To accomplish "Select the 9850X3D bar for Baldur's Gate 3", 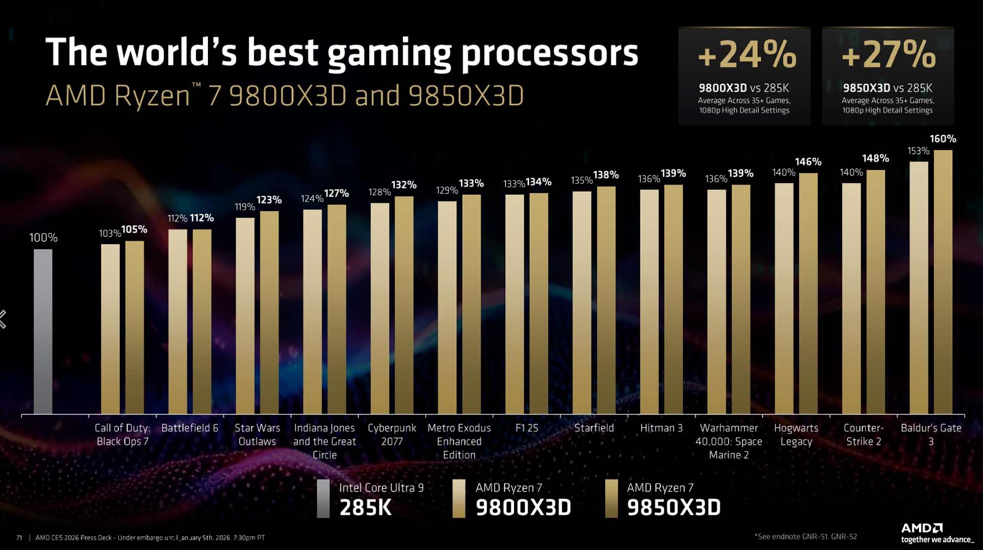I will pyautogui.click(x=943, y=281).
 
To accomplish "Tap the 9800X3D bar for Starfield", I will pyautogui.click(x=582, y=302).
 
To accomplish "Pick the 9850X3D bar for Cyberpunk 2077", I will pyautogui.click(x=404, y=305).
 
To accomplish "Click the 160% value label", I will pyautogui.click(x=943, y=139).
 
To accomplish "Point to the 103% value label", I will pyautogui.click(x=110, y=233).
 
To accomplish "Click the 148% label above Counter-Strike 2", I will pyautogui.click(x=875, y=159).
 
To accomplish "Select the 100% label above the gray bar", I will pyautogui.click(x=43, y=237).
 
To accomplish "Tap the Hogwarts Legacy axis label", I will pyautogui.click(x=796, y=434).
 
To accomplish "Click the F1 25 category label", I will pyautogui.click(x=527, y=428).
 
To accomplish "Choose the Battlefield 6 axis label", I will pyautogui.click(x=189, y=428).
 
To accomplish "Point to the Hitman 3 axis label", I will pyautogui.click(x=661, y=428).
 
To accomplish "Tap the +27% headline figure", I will pyautogui.click(x=888, y=55).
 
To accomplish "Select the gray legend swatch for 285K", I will pyautogui.click(x=323, y=498).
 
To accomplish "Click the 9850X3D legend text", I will pyautogui.click(x=673, y=507).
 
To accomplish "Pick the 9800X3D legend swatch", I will pyautogui.click(x=459, y=498).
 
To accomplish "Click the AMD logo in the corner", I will pyautogui.click(x=922, y=527).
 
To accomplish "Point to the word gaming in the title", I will pyautogui.click(x=389, y=54).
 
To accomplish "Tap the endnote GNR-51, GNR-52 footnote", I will pyautogui.click(x=806, y=536).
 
